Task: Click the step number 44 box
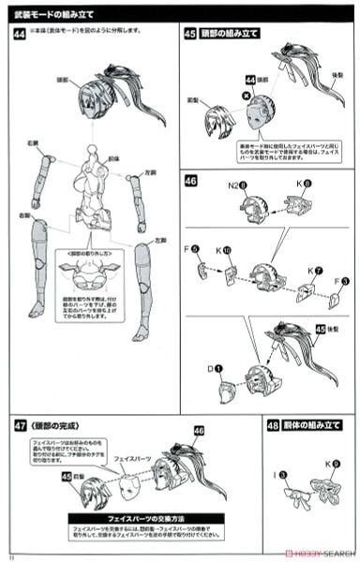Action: (20, 35)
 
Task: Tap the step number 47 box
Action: (20, 424)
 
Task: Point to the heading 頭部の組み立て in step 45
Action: (231, 35)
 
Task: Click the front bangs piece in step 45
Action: (215, 119)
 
